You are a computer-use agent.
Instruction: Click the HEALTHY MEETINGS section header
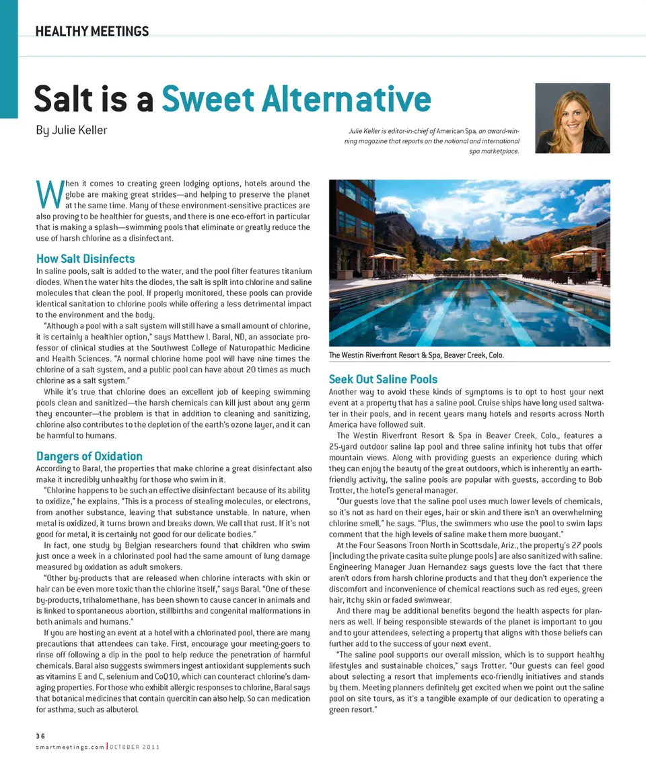click(x=92, y=31)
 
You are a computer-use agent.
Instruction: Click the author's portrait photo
click(x=572, y=118)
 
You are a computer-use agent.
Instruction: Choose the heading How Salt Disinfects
click(x=85, y=259)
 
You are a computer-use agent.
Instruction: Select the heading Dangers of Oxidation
click(x=89, y=456)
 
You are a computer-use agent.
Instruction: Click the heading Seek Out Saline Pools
click(x=383, y=379)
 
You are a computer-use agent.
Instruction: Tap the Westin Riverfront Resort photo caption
click(x=416, y=355)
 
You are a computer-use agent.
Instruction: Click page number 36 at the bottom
click(x=40, y=736)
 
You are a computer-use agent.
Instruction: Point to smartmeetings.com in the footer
click(x=70, y=747)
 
